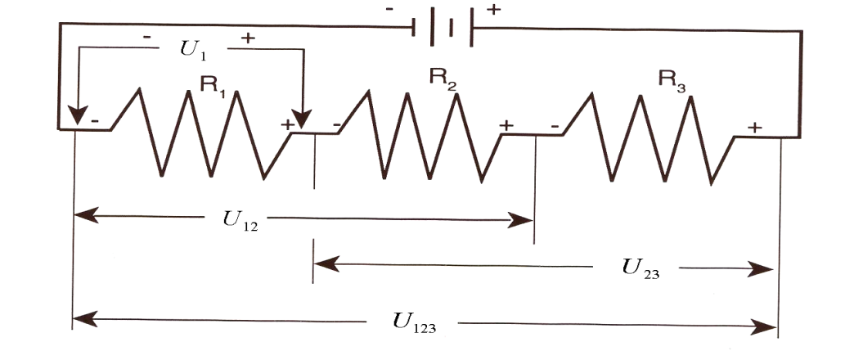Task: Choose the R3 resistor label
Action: point(672,80)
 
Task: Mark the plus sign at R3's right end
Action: point(754,127)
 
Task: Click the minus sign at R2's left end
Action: point(337,126)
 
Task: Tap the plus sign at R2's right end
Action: point(506,125)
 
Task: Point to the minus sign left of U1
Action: point(146,37)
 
